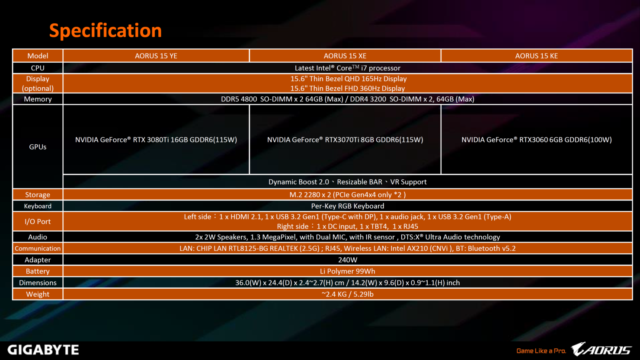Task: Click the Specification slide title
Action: click(106, 31)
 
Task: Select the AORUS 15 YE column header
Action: click(156, 56)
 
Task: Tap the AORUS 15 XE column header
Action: click(345, 56)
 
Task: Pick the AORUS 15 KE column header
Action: click(536, 56)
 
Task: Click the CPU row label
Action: click(38, 68)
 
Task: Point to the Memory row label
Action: click(38, 99)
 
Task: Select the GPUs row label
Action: click(38, 147)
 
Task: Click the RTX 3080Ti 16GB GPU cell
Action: click(156, 140)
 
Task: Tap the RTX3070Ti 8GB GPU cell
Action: click(345, 140)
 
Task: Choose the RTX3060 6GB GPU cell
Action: click(536, 140)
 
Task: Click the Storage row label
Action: click(38, 195)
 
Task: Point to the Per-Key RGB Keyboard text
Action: click(347, 206)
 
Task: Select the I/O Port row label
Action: click(38, 222)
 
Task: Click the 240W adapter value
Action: click(347, 260)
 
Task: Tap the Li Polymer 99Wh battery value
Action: click(347, 271)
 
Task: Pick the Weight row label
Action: click(38, 294)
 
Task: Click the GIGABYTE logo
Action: click(43, 350)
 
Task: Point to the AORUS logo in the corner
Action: click(601, 349)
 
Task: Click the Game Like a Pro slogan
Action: click(541, 351)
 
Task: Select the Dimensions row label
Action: click(38, 283)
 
